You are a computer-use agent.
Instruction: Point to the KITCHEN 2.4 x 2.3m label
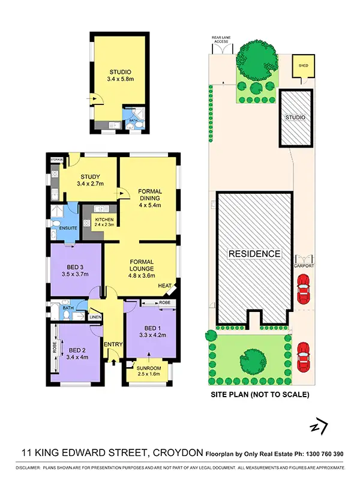pyautogui.click(x=105, y=222)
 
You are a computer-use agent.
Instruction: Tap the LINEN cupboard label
pyautogui.click(x=95, y=317)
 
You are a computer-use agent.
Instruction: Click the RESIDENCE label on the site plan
pyautogui.click(x=254, y=254)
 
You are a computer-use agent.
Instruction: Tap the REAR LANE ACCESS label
pyautogui.click(x=220, y=39)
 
